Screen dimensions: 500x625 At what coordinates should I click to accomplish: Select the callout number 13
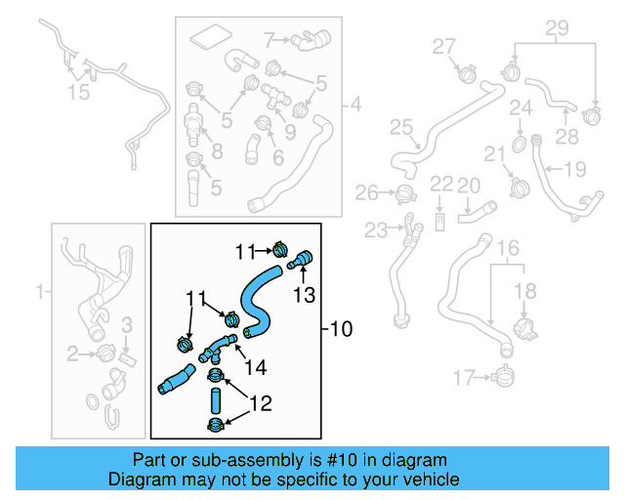point(306,295)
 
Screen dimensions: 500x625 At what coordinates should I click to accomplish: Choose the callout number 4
point(354,104)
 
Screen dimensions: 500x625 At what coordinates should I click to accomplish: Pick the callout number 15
point(77,92)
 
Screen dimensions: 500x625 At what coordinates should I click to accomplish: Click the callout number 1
point(40,291)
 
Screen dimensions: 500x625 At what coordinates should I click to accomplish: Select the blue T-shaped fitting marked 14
point(219,346)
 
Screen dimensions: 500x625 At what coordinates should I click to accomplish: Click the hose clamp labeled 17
point(502,374)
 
